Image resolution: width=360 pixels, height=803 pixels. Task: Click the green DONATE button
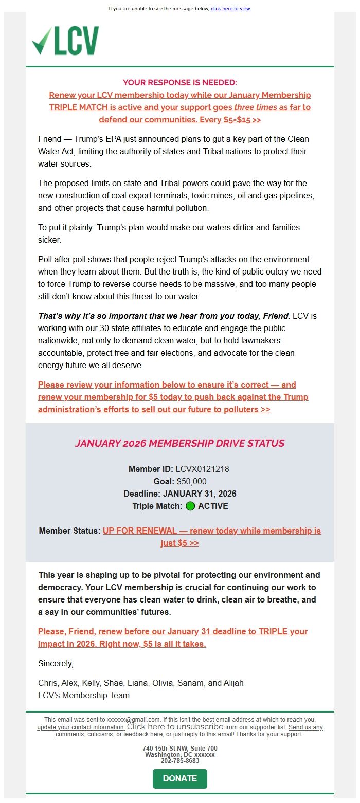[179, 778]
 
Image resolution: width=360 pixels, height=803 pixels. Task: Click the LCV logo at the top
[65, 41]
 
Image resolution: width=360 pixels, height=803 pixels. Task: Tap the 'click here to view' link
[230, 9]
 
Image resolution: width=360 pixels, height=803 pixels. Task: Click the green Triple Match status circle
[190, 506]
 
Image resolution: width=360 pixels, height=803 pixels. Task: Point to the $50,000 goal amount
[191, 481]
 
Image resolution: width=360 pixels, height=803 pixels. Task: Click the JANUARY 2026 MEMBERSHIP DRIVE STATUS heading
[179, 443]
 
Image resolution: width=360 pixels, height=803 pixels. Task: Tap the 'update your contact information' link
[81, 727]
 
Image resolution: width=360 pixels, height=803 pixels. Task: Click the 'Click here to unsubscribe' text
[175, 727]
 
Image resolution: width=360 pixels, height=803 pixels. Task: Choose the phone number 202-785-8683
[179, 760]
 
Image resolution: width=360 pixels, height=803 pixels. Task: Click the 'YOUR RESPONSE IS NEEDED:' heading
[179, 82]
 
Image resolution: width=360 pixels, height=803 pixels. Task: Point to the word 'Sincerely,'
[56, 664]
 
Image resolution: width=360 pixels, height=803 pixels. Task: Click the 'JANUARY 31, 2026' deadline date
[200, 494]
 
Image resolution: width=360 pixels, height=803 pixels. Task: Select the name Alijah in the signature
[233, 683]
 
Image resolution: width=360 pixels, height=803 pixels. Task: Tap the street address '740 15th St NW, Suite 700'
[179, 748]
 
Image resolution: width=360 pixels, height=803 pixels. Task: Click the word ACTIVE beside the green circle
[213, 506]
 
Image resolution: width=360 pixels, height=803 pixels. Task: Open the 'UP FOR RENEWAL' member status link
[212, 531]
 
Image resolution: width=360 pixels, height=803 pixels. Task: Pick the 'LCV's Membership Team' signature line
[84, 696]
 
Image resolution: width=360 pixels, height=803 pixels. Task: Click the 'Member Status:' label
[69, 531]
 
